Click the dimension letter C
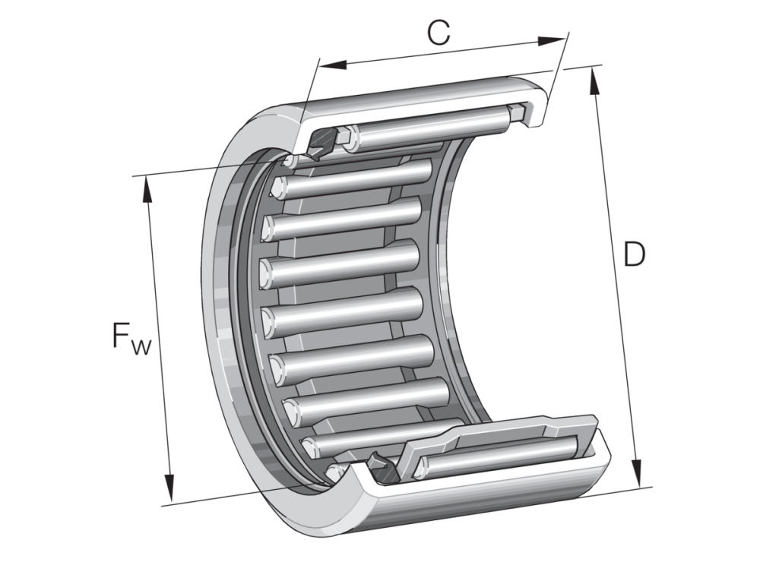(439, 33)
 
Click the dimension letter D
(634, 254)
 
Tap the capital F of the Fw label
(120, 335)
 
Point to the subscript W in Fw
(141, 346)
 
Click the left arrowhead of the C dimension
(334, 65)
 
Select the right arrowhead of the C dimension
(552, 41)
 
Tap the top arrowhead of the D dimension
(594, 81)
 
